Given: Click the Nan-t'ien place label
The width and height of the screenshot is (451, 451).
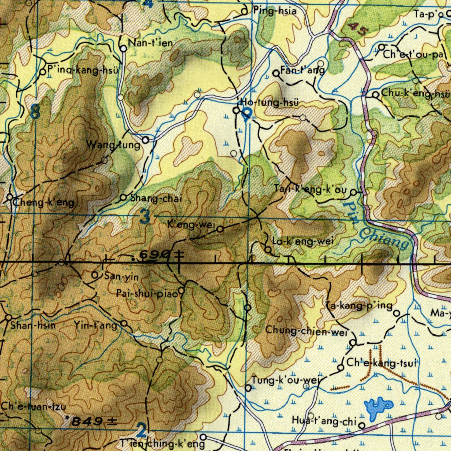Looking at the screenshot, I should (150, 43).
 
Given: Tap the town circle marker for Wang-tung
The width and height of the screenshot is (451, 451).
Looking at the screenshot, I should (145, 140).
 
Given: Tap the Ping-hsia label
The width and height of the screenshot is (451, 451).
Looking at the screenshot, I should (274, 11).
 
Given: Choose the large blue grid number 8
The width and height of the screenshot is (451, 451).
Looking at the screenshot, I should (35, 112).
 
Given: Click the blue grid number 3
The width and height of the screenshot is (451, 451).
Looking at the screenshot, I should (145, 216).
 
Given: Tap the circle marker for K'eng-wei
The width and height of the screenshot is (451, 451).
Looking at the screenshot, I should (220, 229).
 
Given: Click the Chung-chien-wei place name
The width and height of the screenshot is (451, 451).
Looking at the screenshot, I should (307, 331).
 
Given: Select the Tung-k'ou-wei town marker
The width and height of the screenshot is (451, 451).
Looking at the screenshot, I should (248, 388).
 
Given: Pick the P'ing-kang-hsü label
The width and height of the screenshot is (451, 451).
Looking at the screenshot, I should (83, 70).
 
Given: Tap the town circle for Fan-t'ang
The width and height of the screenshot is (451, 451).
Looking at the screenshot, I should (276, 74).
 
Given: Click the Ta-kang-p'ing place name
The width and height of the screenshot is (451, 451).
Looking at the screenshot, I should (359, 306).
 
